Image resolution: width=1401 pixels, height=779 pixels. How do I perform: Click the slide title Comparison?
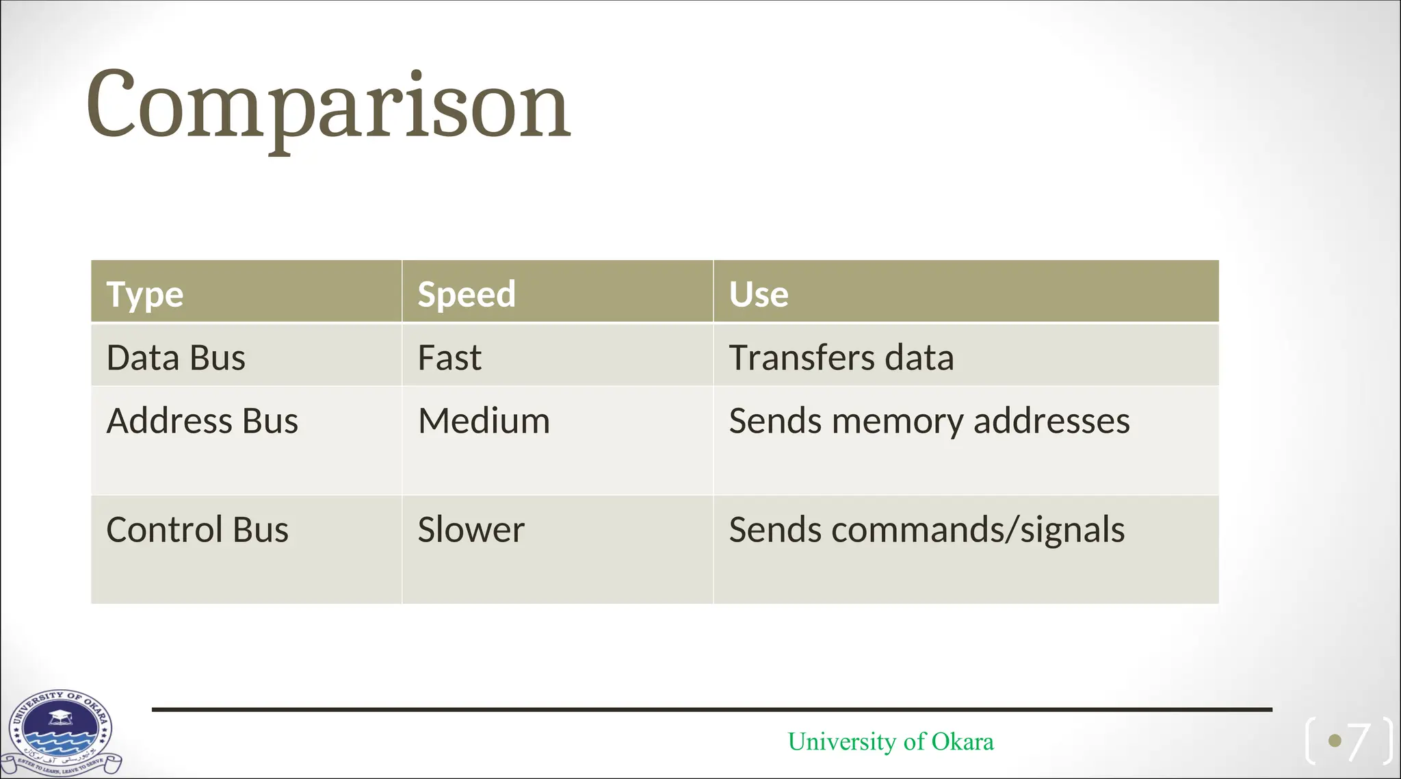coord(328,106)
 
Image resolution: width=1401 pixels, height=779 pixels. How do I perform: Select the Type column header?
coord(145,294)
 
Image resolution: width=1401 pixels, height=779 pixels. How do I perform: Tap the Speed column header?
coord(467,294)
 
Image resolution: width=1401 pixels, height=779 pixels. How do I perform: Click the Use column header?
coord(759,294)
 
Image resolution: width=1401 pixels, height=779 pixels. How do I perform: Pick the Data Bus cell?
coord(176,358)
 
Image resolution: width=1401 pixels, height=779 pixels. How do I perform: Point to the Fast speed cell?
coord(449,358)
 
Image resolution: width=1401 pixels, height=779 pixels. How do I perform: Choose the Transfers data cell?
coord(841,358)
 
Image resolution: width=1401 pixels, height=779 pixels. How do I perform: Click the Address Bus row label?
coord(202,421)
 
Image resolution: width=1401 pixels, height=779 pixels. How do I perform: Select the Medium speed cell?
coord(484,421)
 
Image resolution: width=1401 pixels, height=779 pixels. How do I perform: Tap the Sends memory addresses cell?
coord(929,421)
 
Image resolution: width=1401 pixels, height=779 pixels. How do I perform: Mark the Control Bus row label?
coord(198,530)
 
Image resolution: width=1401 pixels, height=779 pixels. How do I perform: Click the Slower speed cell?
coord(471,530)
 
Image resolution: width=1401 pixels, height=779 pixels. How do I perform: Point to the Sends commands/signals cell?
coord(926,530)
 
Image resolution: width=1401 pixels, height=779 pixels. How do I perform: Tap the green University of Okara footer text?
coord(890,741)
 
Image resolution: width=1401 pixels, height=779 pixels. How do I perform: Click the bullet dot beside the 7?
coord(1334,741)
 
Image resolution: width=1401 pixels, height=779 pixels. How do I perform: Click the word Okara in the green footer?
coord(963,741)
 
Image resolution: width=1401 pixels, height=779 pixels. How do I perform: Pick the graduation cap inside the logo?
coord(60,717)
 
